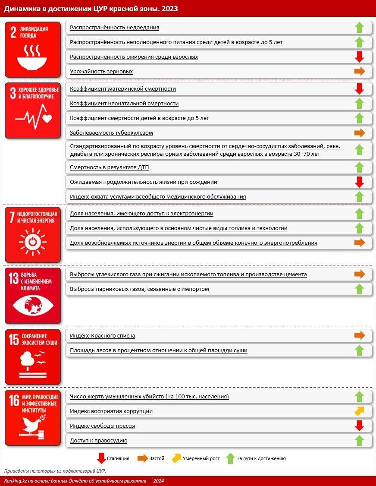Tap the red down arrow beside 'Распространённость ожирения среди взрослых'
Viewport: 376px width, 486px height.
[359, 57]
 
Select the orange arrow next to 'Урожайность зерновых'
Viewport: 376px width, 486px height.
[359, 72]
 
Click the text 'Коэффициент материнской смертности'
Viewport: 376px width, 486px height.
[123, 89]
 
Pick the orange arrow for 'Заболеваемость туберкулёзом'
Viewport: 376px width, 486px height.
[359, 133]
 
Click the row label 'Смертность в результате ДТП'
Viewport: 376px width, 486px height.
[109, 167]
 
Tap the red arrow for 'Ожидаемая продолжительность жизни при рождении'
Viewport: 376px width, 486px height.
[359, 182]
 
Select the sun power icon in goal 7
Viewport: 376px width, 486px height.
[32, 241]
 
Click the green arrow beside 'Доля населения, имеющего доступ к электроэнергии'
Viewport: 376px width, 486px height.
[359, 214]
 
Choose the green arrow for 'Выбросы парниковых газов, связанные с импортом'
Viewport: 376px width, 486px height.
[359, 289]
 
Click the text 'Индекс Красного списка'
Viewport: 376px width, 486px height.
[102, 336]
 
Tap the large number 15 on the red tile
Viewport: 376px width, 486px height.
[14, 339]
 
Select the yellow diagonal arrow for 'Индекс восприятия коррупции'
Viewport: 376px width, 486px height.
[359, 411]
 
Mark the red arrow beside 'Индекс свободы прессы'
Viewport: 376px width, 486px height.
[359, 426]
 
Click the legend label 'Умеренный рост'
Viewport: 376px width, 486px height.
[201, 458]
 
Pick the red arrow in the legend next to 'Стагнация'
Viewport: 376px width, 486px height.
[101, 458]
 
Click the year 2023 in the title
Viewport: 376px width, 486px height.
[169, 8]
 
